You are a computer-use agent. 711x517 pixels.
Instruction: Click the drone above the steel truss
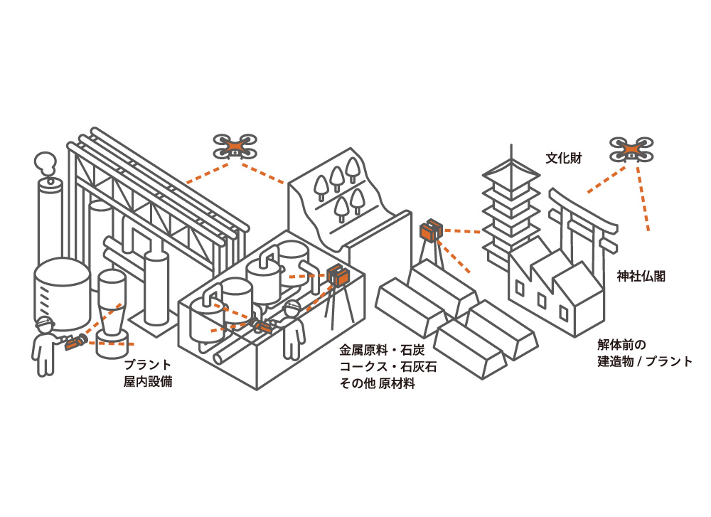(235, 146)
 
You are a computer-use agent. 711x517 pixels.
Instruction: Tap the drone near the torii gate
(631, 149)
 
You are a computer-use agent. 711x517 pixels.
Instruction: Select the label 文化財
(563, 158)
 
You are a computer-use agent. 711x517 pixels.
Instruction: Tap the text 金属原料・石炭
(382, 351)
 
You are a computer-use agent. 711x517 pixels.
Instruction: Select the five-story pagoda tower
(509, 206)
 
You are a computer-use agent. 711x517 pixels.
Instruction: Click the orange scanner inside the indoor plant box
(336, 275)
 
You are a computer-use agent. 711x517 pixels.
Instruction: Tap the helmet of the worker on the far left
(45, 323)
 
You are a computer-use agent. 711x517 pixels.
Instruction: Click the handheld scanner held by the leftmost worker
(75, 342)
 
